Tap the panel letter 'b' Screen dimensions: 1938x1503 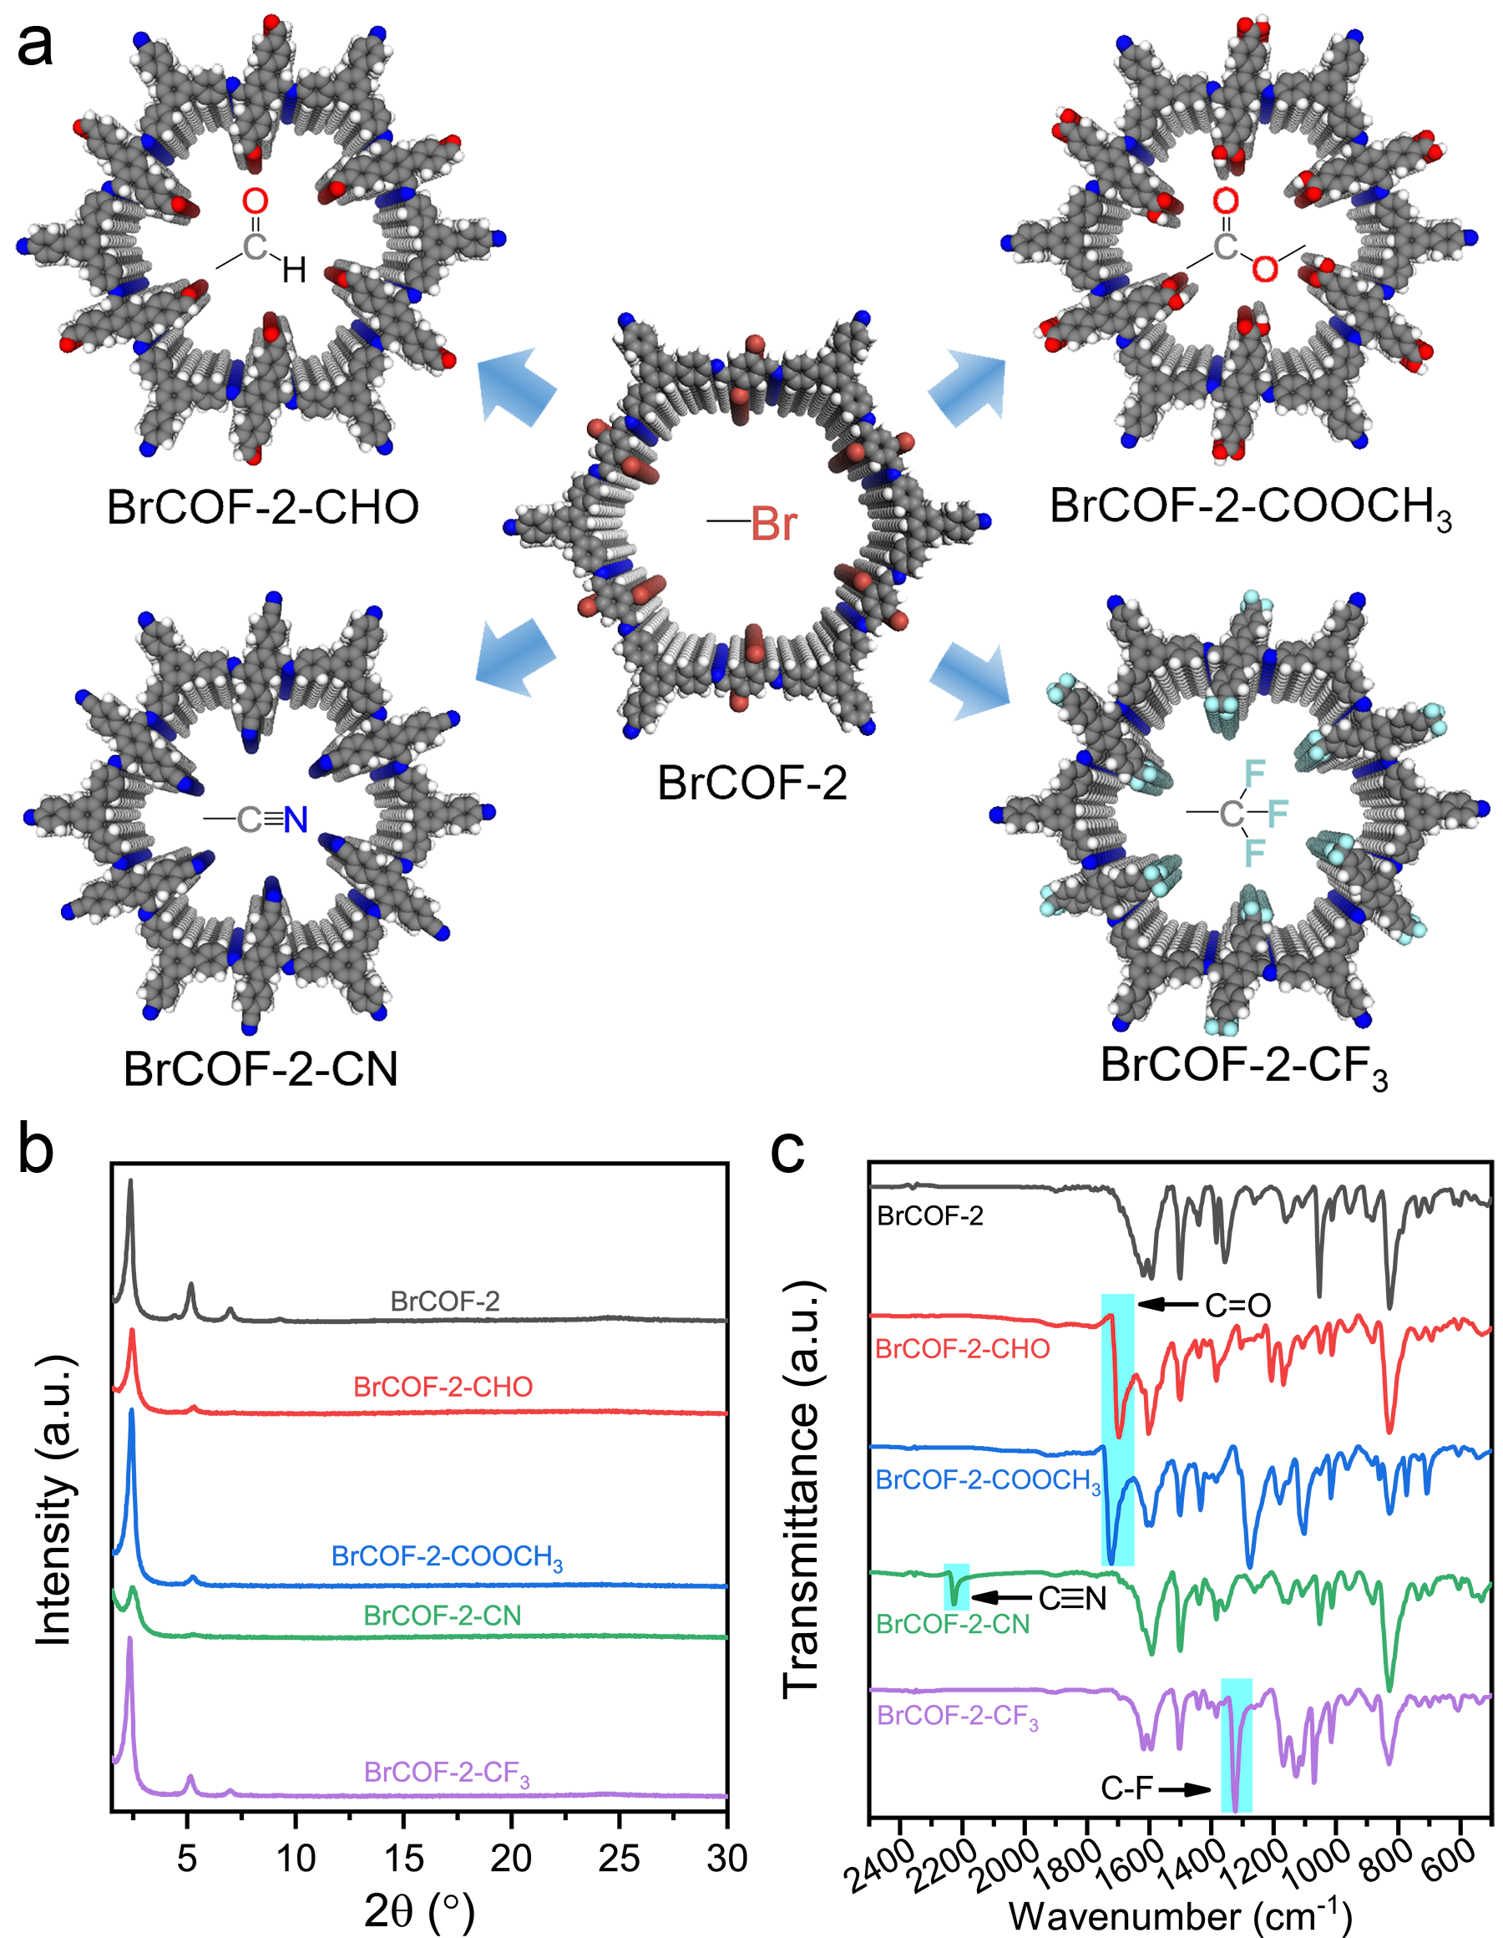point(37,1151)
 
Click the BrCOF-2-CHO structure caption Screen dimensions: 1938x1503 point(263,508)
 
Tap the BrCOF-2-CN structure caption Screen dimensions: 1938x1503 point(260,1068)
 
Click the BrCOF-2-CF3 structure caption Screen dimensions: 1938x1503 point(1243,1066)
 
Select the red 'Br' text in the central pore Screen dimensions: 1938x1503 point(773,525)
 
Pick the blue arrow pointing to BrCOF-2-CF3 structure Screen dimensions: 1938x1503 point(969,682)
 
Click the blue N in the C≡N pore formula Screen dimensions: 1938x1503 point(296,820)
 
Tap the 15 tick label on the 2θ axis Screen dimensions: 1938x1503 point(403,1857)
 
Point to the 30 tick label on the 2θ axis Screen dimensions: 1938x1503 point(726,1857)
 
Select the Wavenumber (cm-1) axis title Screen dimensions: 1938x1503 point(1179,1915)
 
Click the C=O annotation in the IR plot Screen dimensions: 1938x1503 point(1237,1305)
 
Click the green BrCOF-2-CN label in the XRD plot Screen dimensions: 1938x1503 point(442,1615)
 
